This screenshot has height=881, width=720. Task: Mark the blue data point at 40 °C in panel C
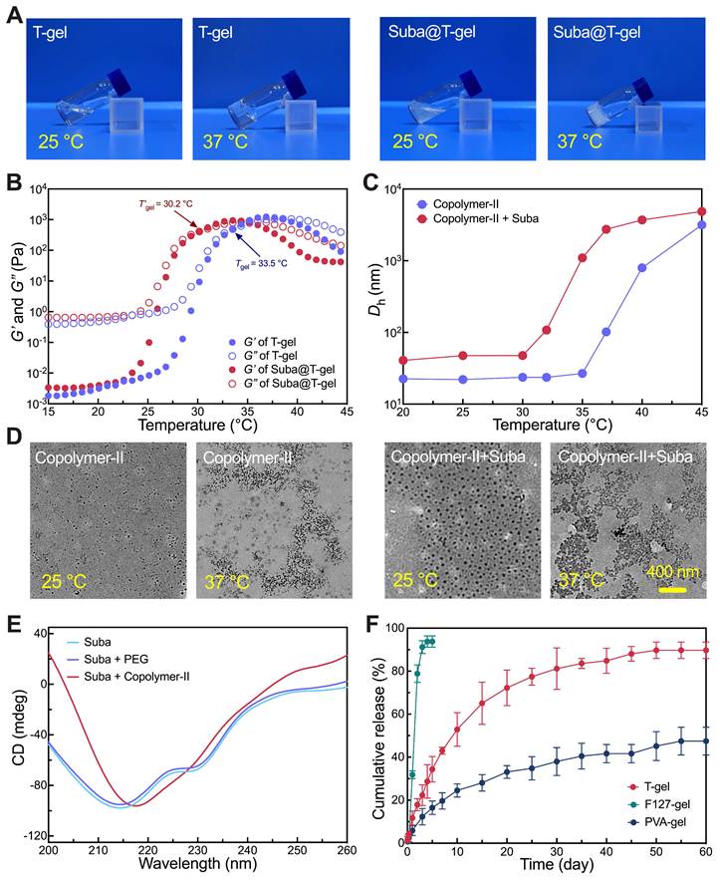point(642,267)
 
